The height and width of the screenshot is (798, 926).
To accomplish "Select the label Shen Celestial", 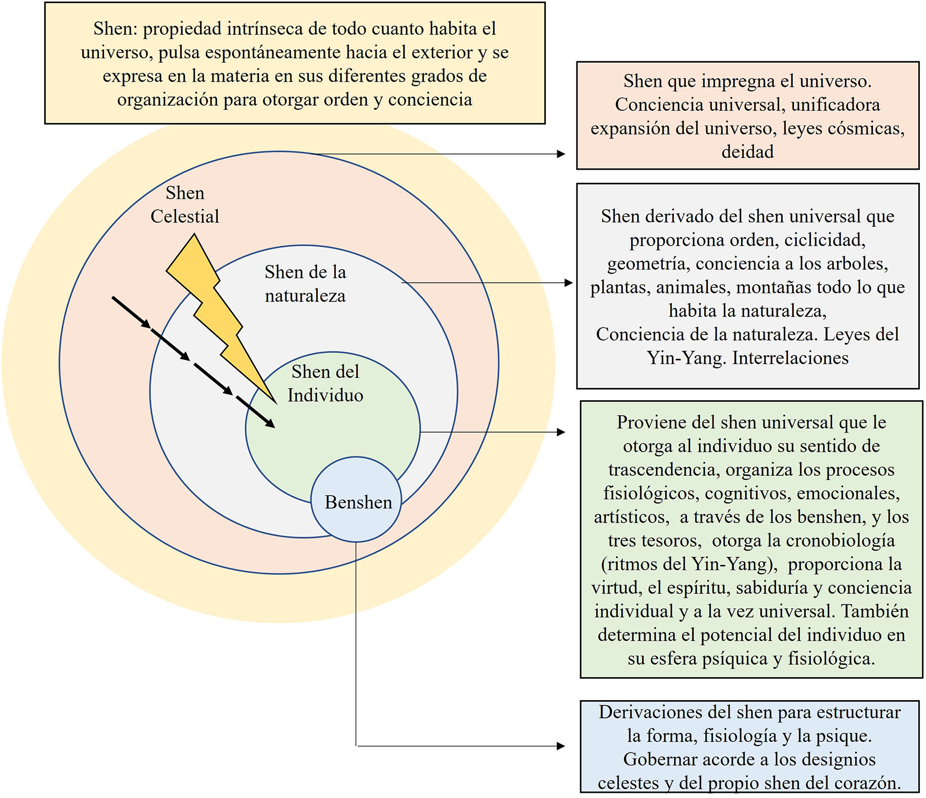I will click(185, 205).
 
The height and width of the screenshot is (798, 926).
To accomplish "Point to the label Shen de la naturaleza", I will click(305, 284).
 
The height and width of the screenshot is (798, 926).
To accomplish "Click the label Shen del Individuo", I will click(326, 384).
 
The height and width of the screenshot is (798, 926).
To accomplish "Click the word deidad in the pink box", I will click(747, 152).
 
